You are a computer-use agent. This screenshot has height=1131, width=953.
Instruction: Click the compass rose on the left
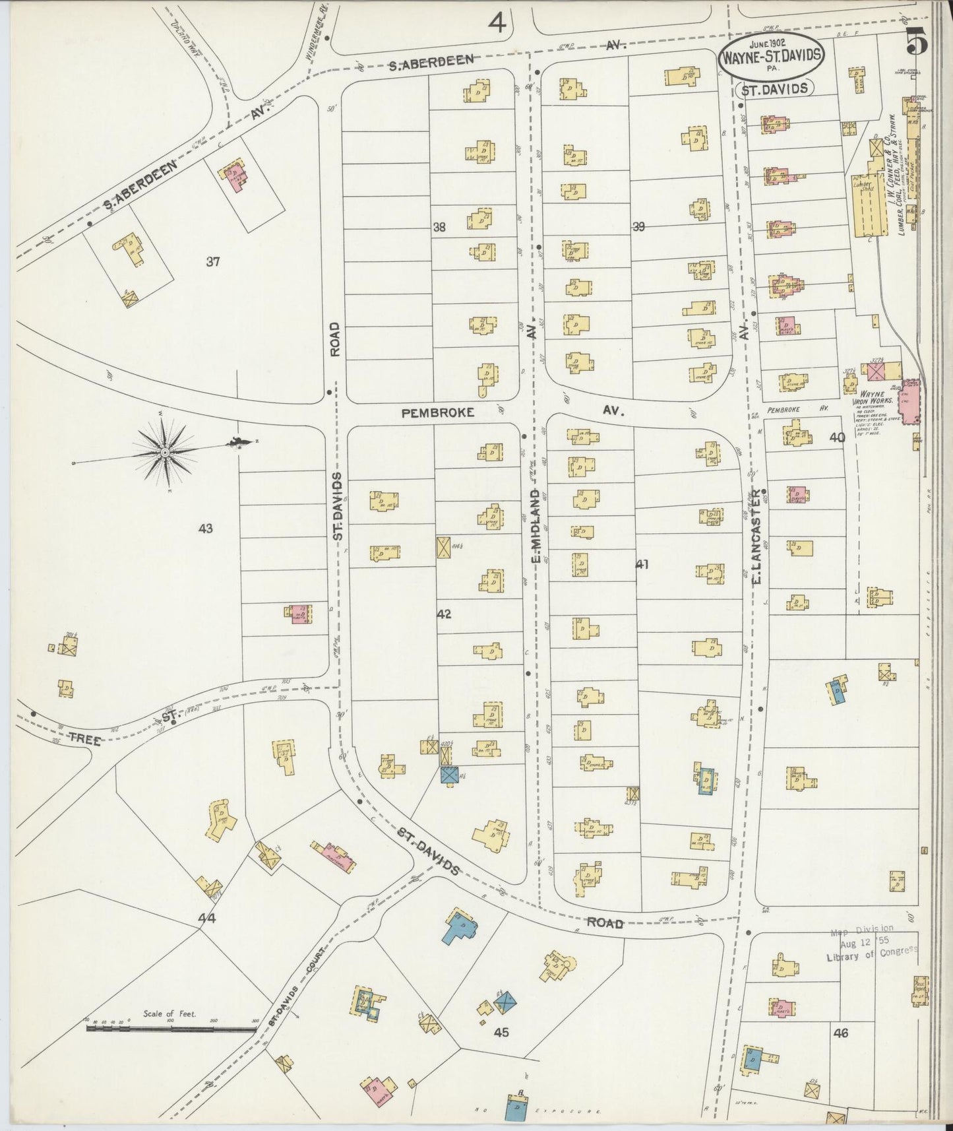(165, 452)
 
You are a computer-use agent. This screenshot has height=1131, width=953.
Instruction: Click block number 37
(212, 262)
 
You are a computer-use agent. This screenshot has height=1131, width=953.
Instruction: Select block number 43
(206, 528)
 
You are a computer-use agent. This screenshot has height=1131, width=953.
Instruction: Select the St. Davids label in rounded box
(775, 88)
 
